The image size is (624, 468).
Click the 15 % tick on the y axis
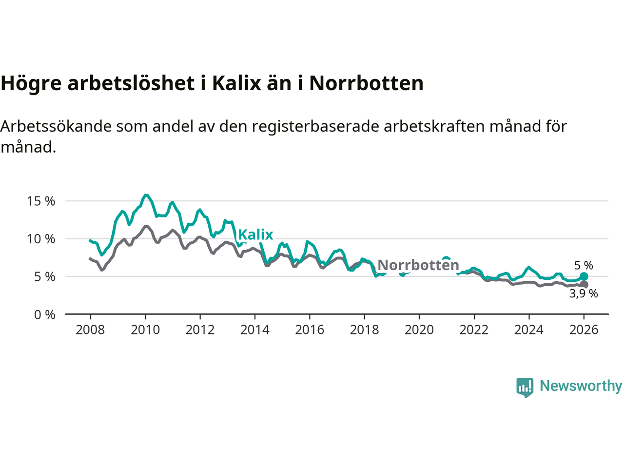[41, 201]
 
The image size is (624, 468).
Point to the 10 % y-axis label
[41, 239]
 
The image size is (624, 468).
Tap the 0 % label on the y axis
[44, 315]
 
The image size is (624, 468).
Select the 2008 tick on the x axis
[90, 330]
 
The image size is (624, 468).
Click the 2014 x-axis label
[254, 330]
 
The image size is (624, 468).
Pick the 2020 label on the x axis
[419, 330]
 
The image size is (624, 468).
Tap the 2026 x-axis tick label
[584, 330]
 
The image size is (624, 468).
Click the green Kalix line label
[255, 234]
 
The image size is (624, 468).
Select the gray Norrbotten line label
[418, 265]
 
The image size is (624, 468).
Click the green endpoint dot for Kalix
[584, 277]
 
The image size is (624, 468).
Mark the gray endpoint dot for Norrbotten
[584, 285]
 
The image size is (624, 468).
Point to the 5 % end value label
[584, 266]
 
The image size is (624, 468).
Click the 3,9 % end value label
[584, 293]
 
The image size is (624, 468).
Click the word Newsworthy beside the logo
[581, 386]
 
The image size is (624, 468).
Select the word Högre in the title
[31, 83]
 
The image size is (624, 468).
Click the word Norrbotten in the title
[366, 83]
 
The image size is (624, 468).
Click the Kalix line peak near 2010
[146, 195]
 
